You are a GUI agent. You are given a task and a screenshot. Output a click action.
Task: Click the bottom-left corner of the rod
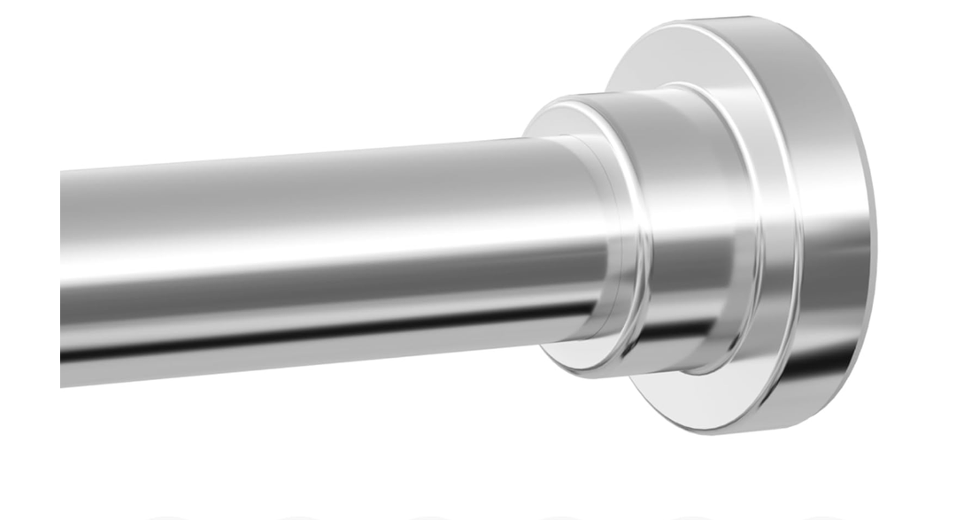click(63, 384)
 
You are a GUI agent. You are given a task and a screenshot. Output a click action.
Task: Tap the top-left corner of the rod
click(63, 170)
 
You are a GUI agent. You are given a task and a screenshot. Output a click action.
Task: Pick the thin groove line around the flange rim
click(792, 230)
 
